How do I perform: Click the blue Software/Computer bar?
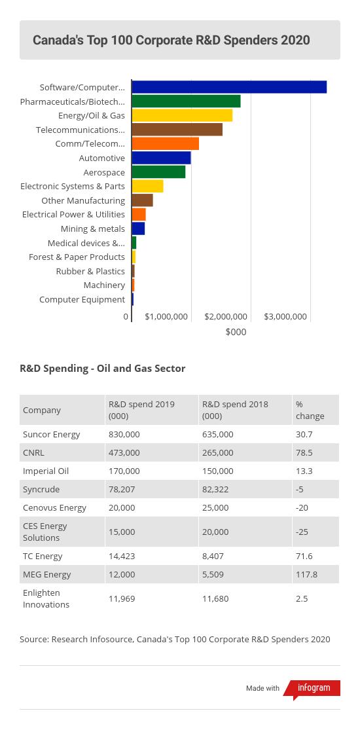tap(229, 87)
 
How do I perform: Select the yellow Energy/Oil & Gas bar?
tap(182, 115)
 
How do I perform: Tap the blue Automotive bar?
tap(161, 158)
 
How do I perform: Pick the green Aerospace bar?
tap(158, 172)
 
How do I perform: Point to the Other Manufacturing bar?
tap(142, 200)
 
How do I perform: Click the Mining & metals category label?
tap(93, 228)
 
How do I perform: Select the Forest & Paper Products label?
tap(77, 257)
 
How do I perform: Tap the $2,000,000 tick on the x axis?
tap(226, 317)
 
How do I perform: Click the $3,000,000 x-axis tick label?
tap(285, 317)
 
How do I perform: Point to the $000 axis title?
tap(236, 333)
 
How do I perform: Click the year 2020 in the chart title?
tap(295, 40)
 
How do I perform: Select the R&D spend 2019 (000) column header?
tap(138, 410)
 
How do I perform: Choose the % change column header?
tap(310, 410)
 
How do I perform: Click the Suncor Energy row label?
tap(51, 434)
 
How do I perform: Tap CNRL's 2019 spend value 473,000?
tap(124, 452)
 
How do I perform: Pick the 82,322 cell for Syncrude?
tap(215, 489)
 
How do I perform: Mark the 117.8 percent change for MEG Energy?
tap(306, 574)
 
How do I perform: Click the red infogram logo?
tap(312, 688)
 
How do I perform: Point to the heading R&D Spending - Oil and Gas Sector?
tap(103, 369)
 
